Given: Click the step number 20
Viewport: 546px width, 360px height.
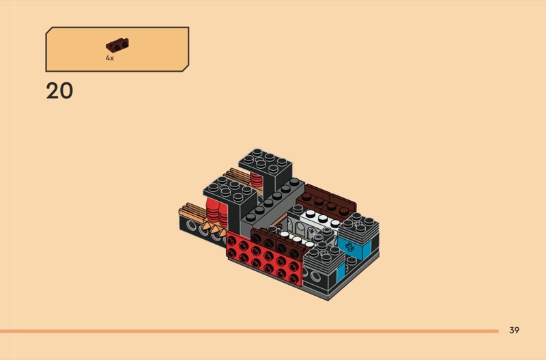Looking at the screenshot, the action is pos(59,91).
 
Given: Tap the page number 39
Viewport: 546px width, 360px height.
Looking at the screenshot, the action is pos(514,330).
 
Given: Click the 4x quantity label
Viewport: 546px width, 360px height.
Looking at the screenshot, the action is pos(110,58).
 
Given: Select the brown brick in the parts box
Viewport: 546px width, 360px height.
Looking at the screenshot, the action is pos(117,45).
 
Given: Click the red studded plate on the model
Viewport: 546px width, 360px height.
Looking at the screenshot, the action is pos(264,258).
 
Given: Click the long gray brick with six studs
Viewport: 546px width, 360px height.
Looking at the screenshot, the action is pos(272,205).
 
